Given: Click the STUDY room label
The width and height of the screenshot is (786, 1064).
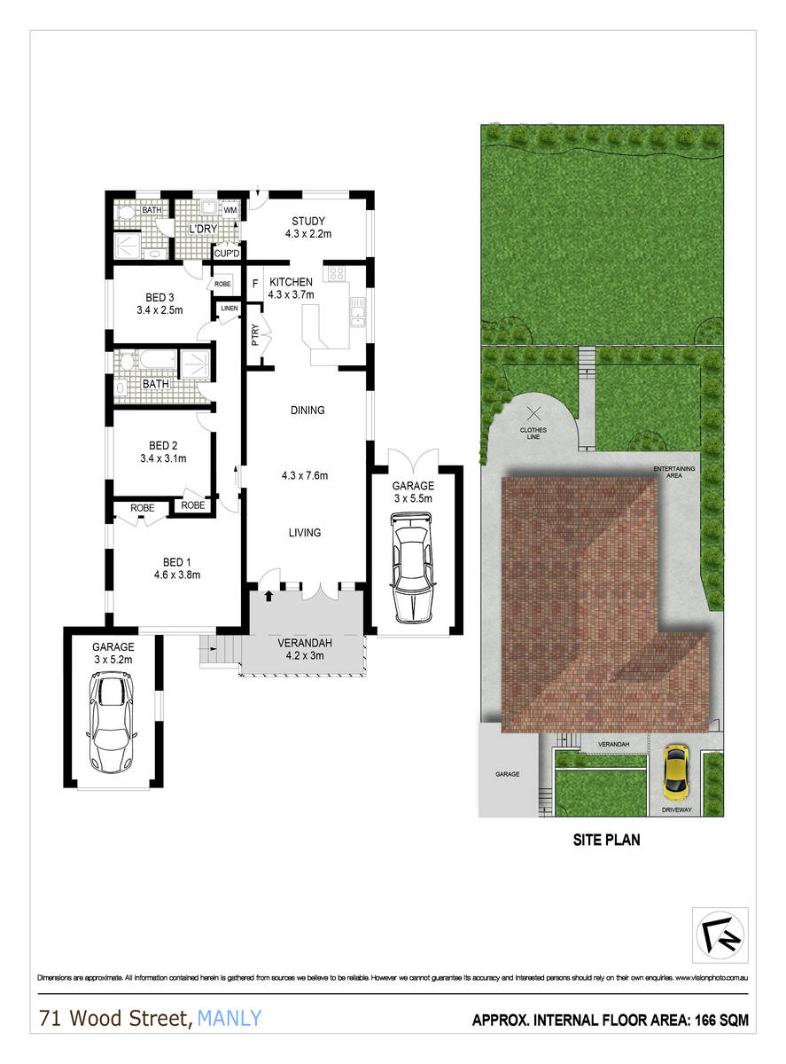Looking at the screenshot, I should pyautogui.click(x=308, y=222).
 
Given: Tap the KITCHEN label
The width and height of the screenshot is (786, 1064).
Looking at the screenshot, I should pyautogui.click(x=292, y=282).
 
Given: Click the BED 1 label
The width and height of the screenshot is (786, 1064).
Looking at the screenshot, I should pyautogui.click(x=176, y=562).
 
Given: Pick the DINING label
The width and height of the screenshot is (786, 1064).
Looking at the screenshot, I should pyautogui.click(x=307, y=411).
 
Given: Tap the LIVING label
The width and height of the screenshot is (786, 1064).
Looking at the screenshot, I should pyautogui.click(x=304, y=533).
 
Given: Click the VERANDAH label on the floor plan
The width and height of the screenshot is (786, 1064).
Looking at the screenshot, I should pyautogui.click(x=304, y=643).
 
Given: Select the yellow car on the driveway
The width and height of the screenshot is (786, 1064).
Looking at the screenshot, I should pyautogui.click(x=676, y=770).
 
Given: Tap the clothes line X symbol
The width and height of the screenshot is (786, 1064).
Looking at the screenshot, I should pyautogui.click(x=533, y=412).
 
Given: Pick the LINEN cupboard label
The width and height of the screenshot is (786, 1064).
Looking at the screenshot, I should pyautogui.click(x=230, y=309).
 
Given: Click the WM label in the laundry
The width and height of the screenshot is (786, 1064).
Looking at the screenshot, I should pyautogui.click(x=230, y=211).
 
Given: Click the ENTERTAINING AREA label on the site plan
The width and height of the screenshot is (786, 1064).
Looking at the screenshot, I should pyautogui.click(x=674, y=472).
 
